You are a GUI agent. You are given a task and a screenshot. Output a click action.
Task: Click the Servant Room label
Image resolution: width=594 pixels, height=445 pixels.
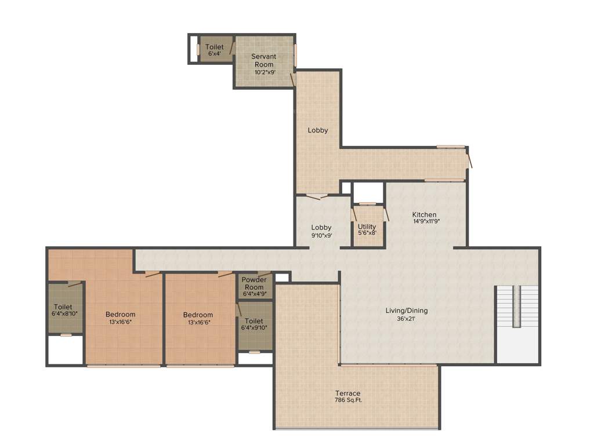click(263, 60)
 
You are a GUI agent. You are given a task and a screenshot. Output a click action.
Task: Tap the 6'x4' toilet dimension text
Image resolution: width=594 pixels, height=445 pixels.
click(214, 54)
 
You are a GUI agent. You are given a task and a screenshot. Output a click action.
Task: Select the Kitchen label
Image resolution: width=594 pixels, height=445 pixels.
click(424, 214)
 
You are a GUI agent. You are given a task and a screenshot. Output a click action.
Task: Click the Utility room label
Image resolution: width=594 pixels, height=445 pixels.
click(367, 227)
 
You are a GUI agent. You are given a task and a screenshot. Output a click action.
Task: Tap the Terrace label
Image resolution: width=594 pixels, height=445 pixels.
click(347, 393)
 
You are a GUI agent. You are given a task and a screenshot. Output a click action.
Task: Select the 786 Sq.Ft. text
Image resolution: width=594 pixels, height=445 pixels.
click(347, 400)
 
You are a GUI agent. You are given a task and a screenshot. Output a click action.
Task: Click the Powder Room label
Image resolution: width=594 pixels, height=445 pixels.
click(254, 283)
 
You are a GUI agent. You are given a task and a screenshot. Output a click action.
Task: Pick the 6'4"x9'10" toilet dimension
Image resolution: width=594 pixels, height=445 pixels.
click(254, 328)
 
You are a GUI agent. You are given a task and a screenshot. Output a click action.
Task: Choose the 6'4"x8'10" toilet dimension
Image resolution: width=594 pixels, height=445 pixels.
click(64, 313)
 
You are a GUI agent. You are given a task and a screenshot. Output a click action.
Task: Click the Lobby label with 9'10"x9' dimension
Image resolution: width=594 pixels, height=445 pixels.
click(321, 227)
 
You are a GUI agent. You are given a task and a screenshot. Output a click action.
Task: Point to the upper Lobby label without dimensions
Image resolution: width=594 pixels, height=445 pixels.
click(317, 130)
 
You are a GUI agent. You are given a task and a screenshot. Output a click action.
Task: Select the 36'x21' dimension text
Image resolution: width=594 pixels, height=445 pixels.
click(407, 318)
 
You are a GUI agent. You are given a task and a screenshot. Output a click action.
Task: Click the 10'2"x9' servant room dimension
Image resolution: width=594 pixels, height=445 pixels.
click(263, 72)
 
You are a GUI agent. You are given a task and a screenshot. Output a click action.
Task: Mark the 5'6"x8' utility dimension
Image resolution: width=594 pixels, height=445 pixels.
click(367, 233)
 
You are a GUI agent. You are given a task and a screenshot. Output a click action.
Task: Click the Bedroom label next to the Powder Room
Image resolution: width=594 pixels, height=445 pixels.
click(198, 315)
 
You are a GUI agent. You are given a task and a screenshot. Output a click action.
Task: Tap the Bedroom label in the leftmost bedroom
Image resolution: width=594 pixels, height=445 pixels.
click(120, 315)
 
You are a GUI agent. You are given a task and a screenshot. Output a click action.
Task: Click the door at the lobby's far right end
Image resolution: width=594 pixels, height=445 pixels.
click(469, 158)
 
